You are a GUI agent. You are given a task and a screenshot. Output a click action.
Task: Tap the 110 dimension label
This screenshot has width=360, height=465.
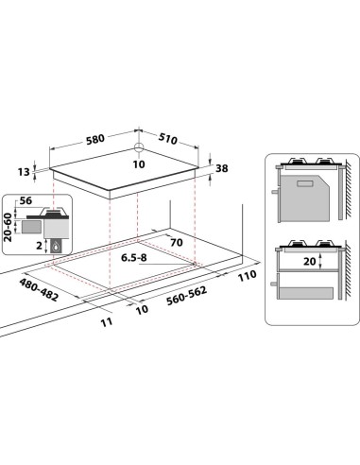click(x=248, y=274)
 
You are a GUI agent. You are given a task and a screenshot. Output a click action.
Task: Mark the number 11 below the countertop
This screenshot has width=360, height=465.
click(x=107, y=322)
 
